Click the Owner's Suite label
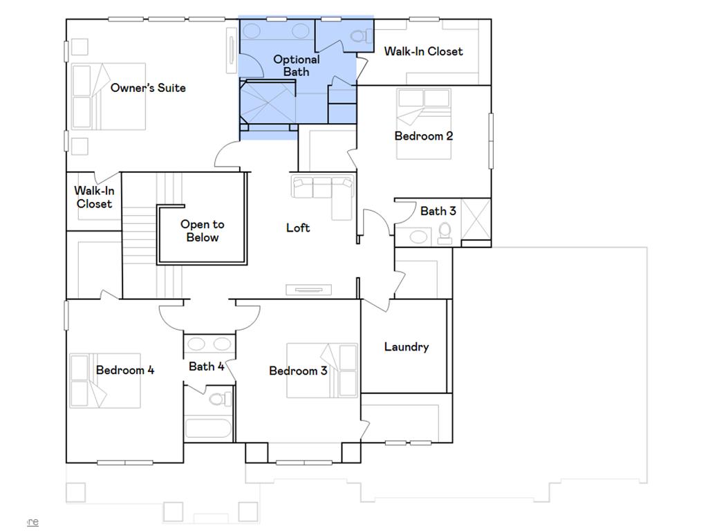148,88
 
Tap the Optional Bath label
296,66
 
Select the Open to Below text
203,231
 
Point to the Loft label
298,227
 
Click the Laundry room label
407,347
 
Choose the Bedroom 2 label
424,136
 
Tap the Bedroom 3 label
298,371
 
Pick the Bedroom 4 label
125,371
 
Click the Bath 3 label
438,211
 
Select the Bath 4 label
206,366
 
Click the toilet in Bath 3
445,234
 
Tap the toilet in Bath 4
221,399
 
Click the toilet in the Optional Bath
362,36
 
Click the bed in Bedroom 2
424,124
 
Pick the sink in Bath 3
418,236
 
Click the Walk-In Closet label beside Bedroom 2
424,51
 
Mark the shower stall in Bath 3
476,219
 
